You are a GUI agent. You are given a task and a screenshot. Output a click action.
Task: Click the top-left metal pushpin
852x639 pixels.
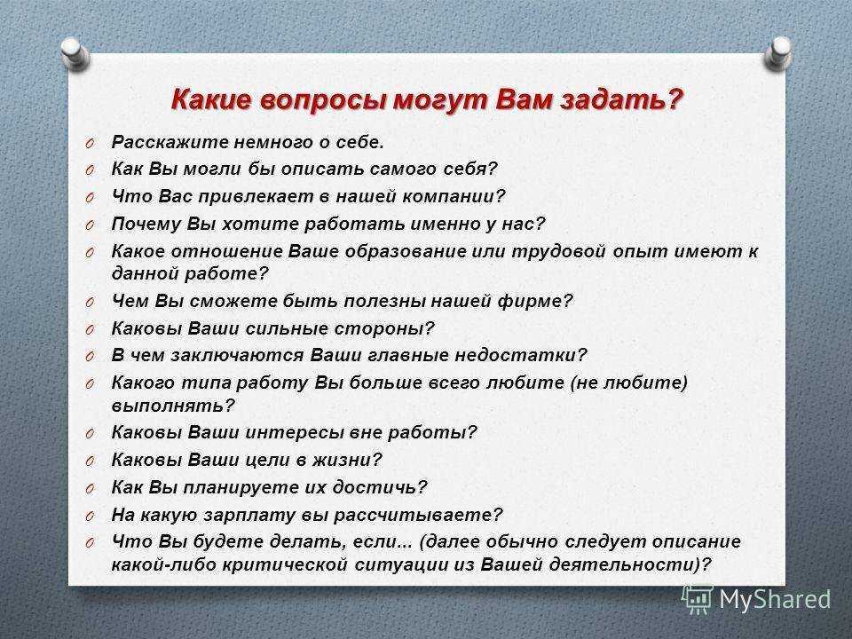[75, 53]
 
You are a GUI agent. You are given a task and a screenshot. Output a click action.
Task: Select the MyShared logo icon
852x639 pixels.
[698, 599]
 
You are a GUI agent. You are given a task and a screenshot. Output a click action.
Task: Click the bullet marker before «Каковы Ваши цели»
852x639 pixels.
[91, 461]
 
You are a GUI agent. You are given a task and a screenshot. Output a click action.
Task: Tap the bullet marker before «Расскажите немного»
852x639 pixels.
[91, 144]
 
